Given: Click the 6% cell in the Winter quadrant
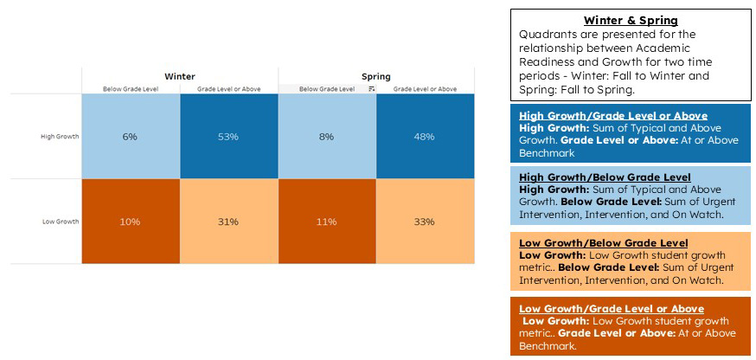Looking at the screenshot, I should point(130,137).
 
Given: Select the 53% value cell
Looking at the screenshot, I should point(228,137).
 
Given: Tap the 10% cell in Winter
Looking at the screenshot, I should point(130,222).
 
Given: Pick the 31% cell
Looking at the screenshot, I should point(228,222).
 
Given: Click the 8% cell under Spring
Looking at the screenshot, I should point(326,137).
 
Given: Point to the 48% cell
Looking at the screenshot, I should point(424,137).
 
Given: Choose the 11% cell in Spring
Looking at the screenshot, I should point(326,222).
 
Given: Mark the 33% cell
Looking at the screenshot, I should point(424,222).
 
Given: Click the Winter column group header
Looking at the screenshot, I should point(179,76).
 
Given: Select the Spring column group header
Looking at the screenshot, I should point(375,76).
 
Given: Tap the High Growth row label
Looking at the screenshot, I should point(60,137).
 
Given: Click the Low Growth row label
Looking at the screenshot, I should point(61,222).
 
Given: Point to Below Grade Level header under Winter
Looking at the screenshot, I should point(130,88).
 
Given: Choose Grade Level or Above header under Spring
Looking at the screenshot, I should point(425,88).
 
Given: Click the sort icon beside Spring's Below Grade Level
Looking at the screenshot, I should point(371,88).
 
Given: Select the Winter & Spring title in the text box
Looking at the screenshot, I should point(630,21).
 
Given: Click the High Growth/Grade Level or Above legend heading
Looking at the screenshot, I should point(612,116).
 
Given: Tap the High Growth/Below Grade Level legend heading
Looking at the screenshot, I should point(605,177).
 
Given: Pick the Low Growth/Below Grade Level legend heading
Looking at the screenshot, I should point(603,243).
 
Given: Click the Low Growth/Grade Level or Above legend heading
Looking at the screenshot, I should point(611,309).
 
